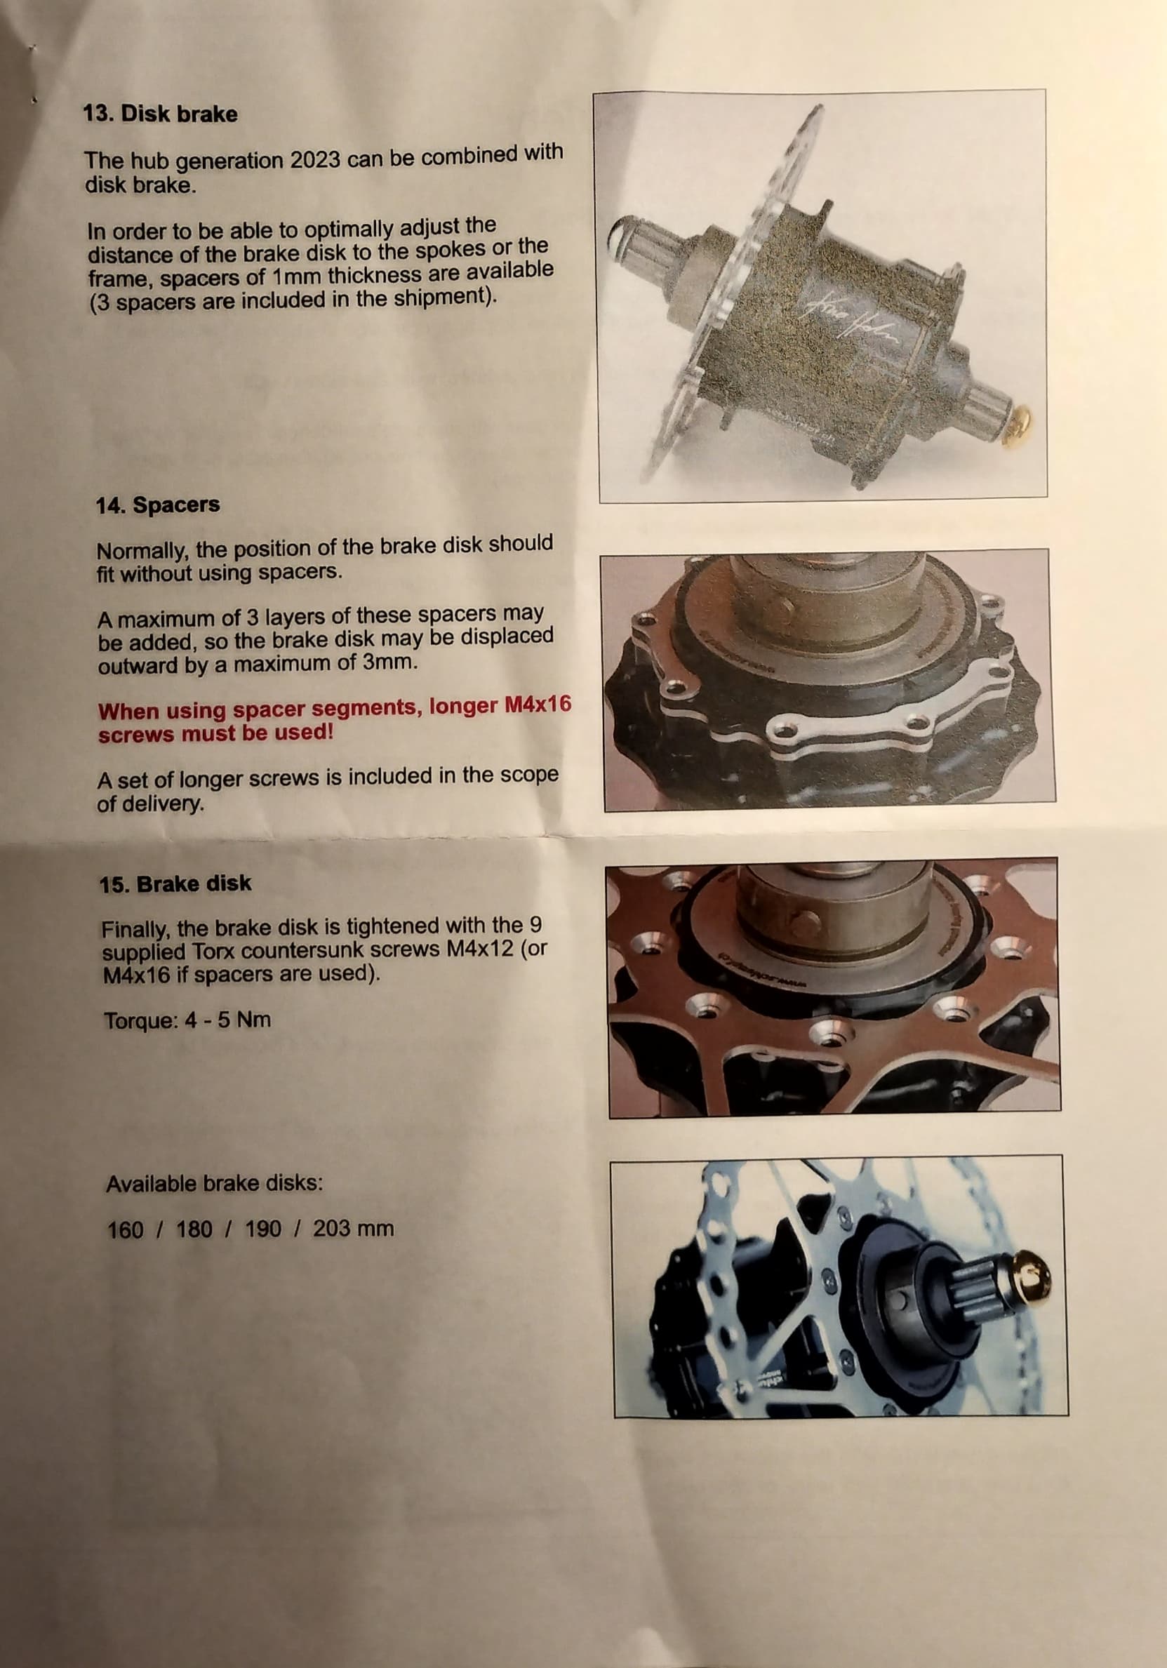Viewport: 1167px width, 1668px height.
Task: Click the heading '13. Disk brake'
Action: coord(160,115)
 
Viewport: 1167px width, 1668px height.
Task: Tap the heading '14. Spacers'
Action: coord(158,506)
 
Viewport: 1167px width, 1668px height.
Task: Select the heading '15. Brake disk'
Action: coord(175,884)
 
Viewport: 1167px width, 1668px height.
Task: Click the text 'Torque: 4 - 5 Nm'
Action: coord(187,1020)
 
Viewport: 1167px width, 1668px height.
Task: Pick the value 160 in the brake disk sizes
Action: coord(125,1231)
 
